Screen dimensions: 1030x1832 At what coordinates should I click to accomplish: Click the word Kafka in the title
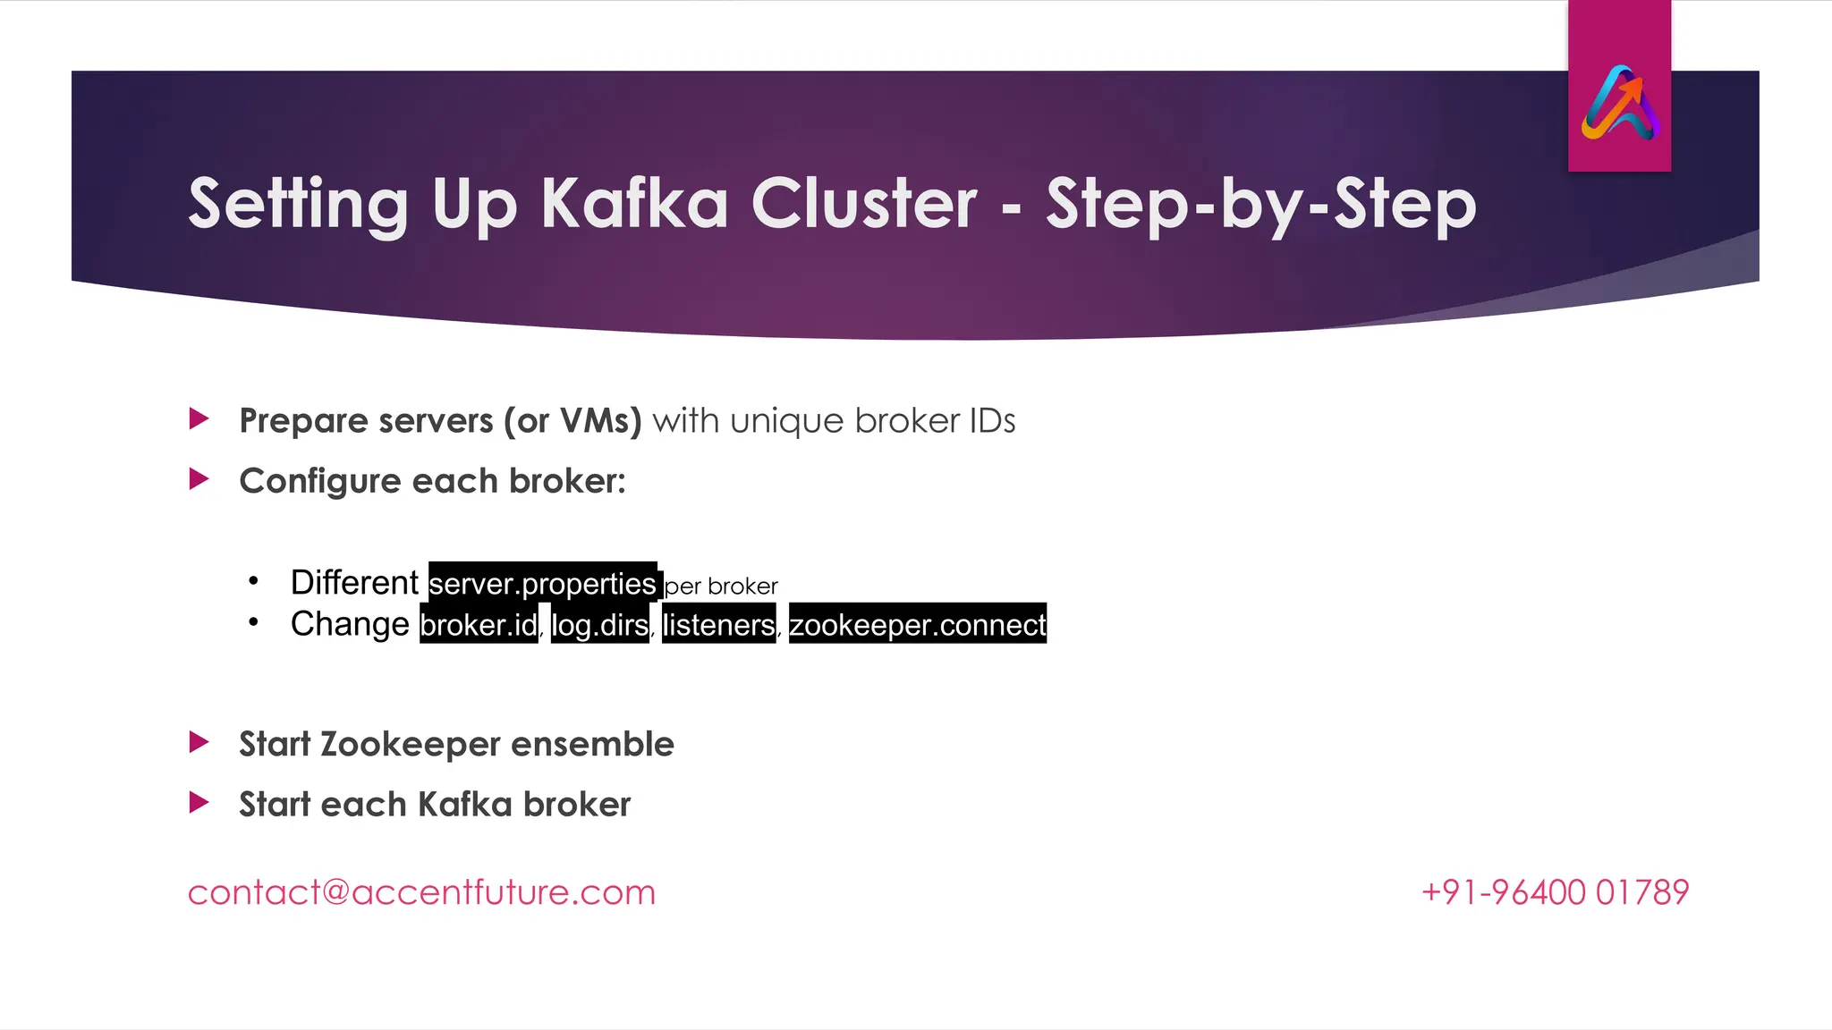click(x=633, y=204)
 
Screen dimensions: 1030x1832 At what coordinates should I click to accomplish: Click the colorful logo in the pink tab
click(x=1620, y=104)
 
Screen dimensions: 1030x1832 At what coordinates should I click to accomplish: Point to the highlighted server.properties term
click(x=543, y=584)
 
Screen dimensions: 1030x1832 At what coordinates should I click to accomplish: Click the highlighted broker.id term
click(x=479, y=625)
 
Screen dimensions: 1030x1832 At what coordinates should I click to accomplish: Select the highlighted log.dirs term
click(x=599, y=625)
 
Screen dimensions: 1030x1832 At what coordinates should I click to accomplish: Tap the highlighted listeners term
click(x=718, y=625)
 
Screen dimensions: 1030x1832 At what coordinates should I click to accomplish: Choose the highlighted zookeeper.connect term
click(x=917, y=625)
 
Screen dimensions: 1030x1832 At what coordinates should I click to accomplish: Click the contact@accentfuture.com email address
click(x=421, y=892)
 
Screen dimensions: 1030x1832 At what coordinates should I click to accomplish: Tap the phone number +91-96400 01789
click(x=1555, y=892)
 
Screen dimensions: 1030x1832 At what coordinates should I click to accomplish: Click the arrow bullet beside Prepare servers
click(x=199, y=418)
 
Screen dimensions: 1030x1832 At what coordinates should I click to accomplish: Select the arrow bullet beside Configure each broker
click(x=199, y=479)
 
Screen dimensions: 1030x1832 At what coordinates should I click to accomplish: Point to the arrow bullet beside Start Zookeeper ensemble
click(x=199, y=742)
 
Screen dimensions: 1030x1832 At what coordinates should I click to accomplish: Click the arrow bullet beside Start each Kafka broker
click(x=199, y=802)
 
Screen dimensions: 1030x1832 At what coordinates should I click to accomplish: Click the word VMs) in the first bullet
click(x=600, y=421)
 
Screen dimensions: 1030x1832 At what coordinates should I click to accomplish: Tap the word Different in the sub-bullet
click(x=354, y=583)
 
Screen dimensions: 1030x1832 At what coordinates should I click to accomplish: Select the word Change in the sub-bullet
click(x=350, y=624)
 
